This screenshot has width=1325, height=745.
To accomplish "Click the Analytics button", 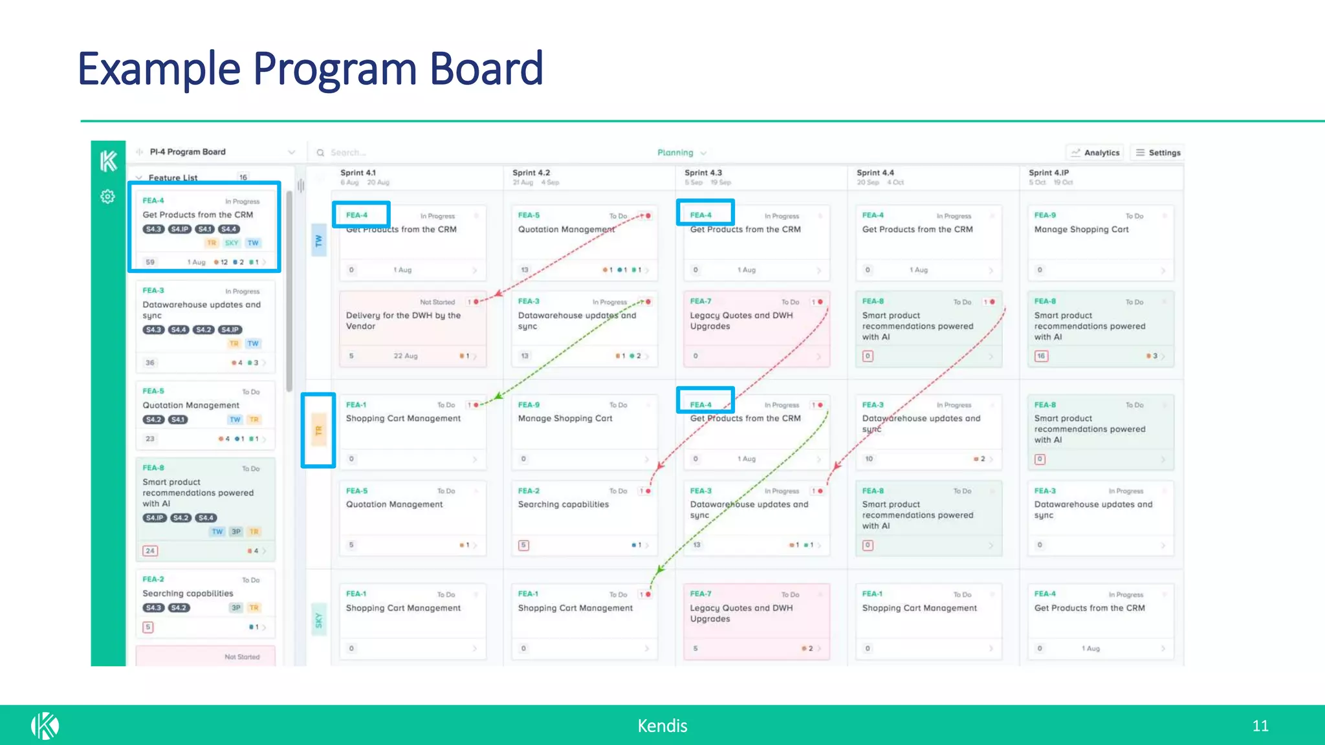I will coord(1095,153).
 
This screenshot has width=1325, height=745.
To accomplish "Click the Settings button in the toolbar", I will coord(1157,153).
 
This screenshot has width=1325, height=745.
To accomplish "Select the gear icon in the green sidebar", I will coord(108,197).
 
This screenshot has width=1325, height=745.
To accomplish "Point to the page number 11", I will coord(1260,726).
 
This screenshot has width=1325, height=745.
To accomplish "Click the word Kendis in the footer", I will coord(662,726).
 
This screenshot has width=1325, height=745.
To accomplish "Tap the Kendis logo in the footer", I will coord(45,726).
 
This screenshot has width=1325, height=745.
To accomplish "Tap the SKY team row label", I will coord(318,620).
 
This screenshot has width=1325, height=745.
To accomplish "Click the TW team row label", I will coord(318,241).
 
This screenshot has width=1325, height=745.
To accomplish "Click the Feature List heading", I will coord(173,178).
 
